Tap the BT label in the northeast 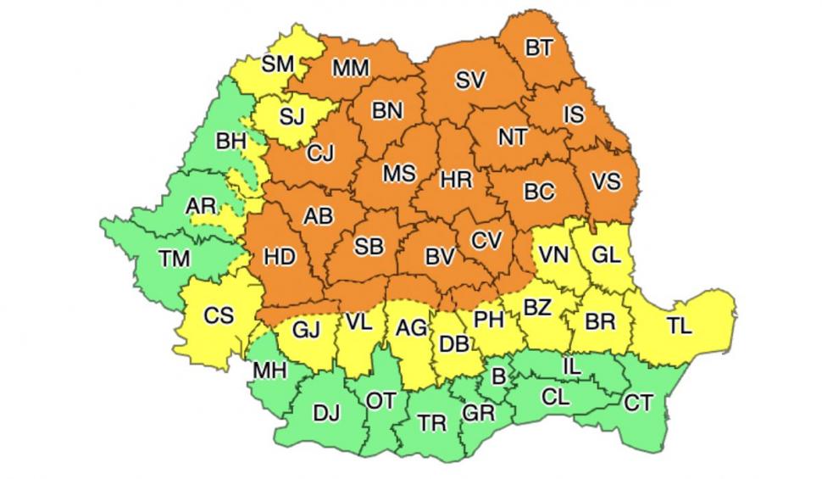539,48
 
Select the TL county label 679,326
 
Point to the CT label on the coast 638,403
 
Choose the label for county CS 219,315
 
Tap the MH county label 269,370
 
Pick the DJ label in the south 326,413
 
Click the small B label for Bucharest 498,374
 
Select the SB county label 368,247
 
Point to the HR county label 456,180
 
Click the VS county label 605,181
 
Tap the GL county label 606,253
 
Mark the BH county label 230,141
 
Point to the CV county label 486,241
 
